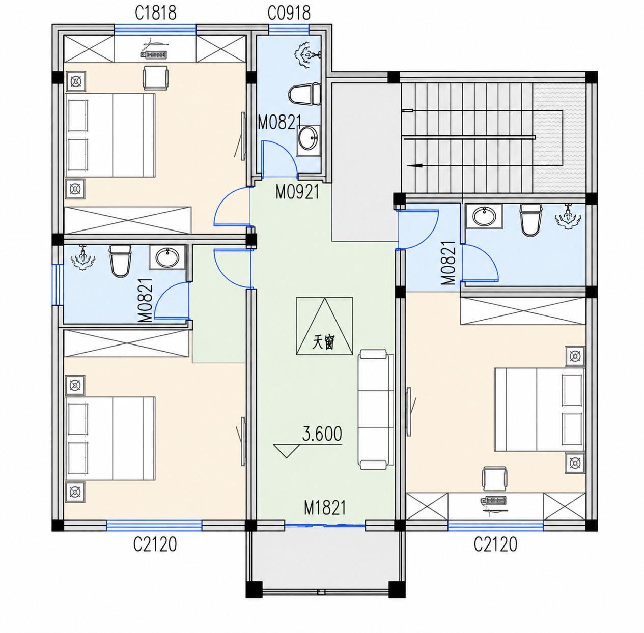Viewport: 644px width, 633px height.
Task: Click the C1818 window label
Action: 155,13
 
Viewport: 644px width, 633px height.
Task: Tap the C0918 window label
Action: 289,13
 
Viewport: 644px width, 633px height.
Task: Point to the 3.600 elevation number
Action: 322,434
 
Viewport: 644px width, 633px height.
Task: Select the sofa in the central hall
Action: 376,409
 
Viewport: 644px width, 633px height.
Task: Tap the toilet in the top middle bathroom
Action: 304,94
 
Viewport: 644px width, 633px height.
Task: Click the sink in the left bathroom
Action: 167,257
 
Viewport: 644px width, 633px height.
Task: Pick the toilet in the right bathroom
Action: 530,220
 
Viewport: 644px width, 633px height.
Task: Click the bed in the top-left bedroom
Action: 110,135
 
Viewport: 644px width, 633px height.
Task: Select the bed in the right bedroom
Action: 540,410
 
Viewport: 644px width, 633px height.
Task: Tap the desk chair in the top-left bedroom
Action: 156,77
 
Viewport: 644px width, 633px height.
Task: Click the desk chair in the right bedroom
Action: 495,479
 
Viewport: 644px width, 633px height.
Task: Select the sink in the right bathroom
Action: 485,216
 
